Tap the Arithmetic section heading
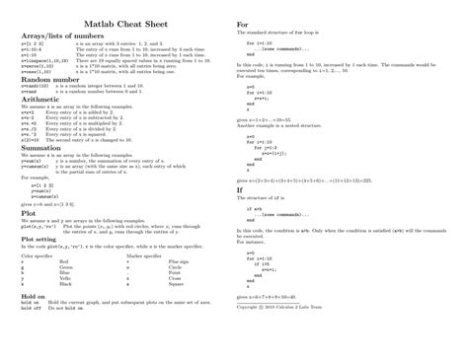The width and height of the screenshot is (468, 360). click(x=41, y=99)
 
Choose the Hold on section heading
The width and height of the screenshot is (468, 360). click(x=34, y=295)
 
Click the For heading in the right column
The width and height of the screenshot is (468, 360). click(x=242, y=24)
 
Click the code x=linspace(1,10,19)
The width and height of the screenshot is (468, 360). click(x=44, y=59)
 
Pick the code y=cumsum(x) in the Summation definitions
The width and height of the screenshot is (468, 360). click(x=38, y=168)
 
